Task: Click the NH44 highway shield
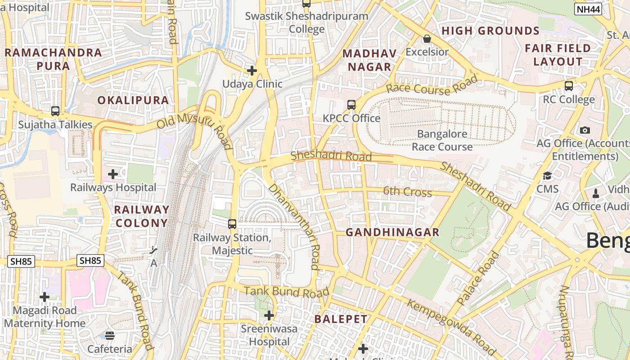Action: click(x=588, y=9)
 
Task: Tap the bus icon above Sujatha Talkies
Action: click(x=55, y=111)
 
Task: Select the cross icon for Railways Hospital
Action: click(x=113, y=174)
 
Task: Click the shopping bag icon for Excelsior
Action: click(x=427, y=39)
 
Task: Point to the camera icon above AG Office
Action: click(x=585, y=130)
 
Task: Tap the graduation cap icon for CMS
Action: click(x=547, y=175)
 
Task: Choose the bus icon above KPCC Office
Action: click(x=351, y=104)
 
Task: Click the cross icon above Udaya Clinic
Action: click(x=252, y=70)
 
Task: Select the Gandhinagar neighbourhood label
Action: click(x=392, y=232)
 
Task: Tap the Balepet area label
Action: click(x=341, y=319)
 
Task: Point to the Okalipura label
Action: click(x=133, y=100)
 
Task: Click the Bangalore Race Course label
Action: click(x=442, y=140)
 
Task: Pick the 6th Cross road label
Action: click(x=407, y=192)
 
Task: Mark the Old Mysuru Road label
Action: click(x=194, y=130)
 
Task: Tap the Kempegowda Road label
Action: click(x=451, y=326)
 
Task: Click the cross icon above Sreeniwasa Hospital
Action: click(x=269, y=315)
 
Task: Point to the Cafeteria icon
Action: click(x=110, y=335)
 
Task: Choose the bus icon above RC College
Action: click(x=569, y=85)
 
